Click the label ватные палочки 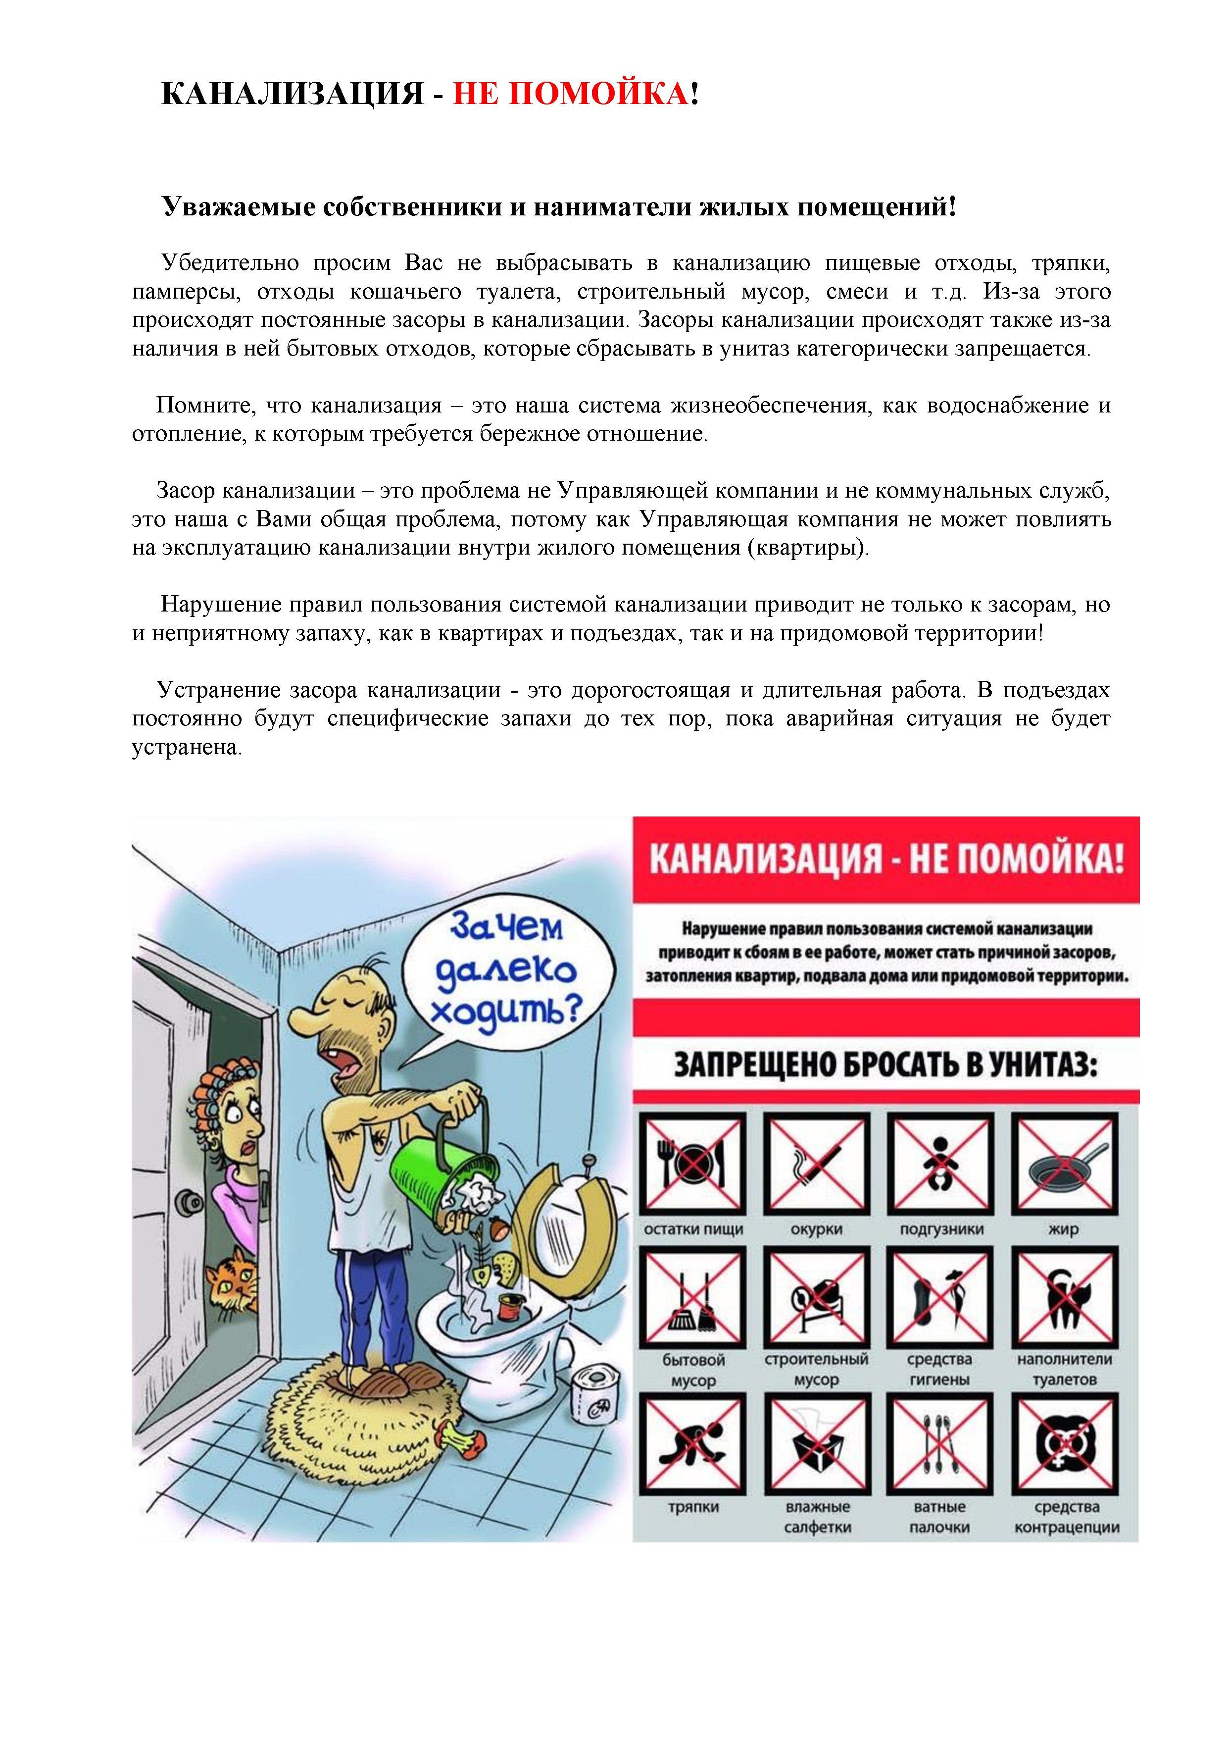tap(939, 1517)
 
